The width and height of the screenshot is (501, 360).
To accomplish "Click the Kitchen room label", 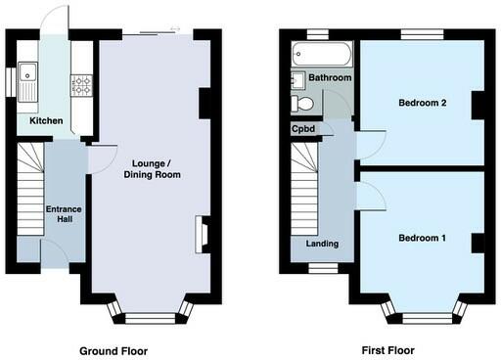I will coord(46,121).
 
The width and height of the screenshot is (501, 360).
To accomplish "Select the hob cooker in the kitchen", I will coord(82,85).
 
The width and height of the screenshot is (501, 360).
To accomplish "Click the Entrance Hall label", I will coord(65,212).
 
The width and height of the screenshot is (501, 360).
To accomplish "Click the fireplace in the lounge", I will coord(202,234).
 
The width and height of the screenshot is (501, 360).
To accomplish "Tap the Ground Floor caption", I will coord(113,349).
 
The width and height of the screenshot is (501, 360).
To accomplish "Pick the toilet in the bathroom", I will coord(302,102).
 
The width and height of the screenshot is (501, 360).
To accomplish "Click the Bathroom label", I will coord(330,77).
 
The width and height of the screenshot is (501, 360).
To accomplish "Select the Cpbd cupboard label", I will coord(303,128).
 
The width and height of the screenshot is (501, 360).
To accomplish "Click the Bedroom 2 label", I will coord(422,102).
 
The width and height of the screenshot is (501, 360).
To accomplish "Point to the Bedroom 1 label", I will coord(422,238).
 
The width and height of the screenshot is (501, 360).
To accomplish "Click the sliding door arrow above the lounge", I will coord(175,28).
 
